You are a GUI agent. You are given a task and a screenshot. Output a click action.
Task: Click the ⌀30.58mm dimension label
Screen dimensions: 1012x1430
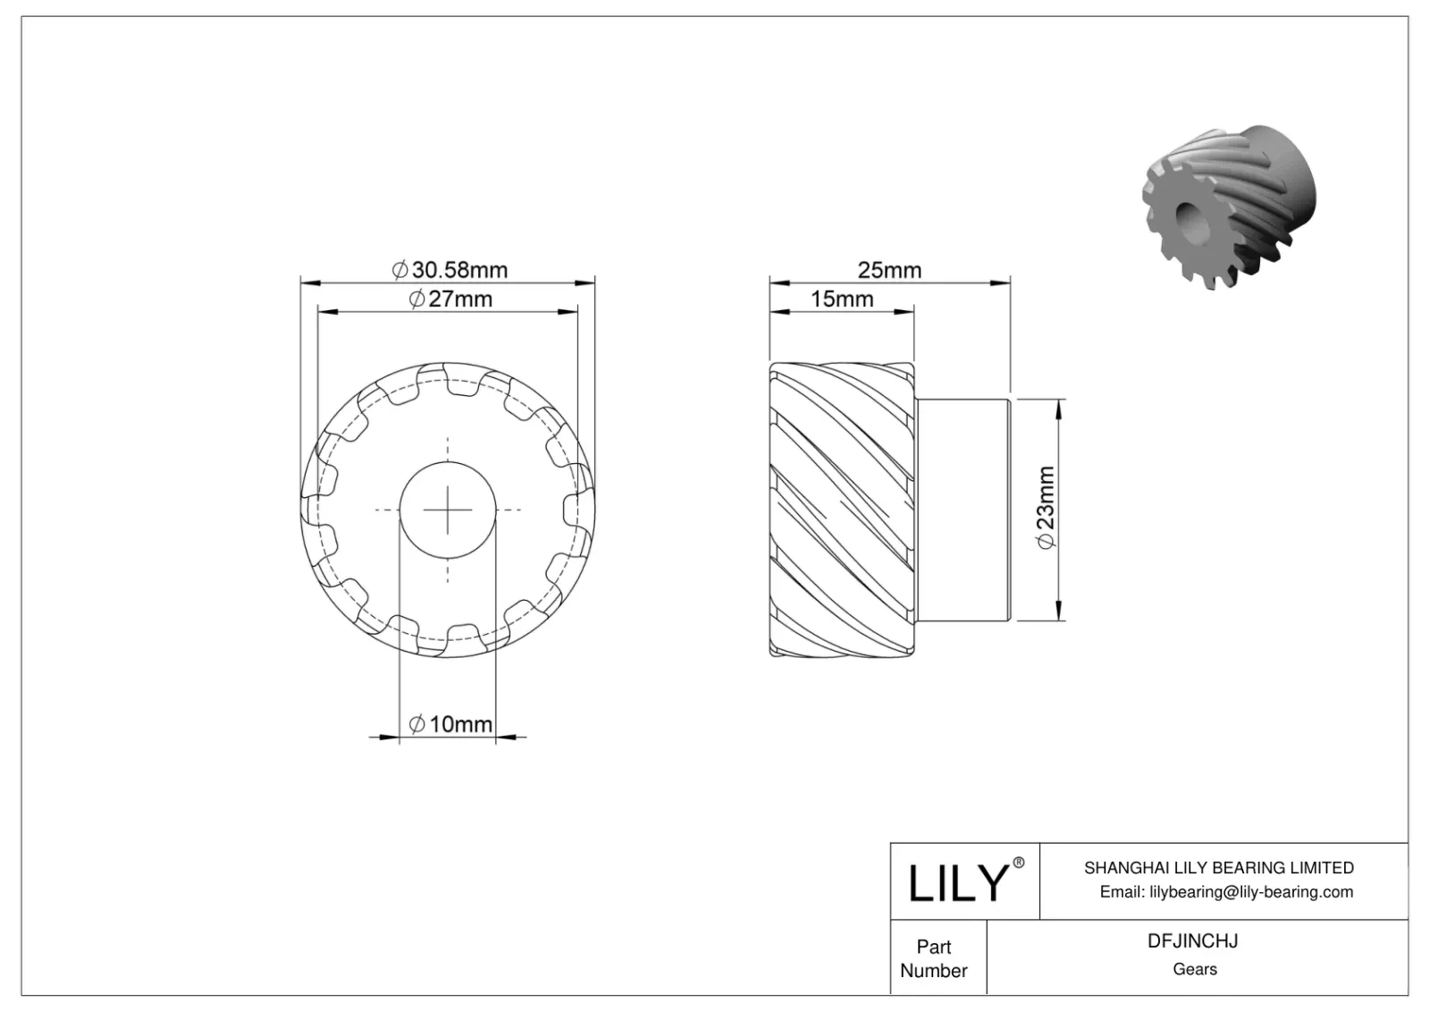[450, 269]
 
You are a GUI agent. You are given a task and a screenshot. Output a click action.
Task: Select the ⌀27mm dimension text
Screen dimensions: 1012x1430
[450, 299]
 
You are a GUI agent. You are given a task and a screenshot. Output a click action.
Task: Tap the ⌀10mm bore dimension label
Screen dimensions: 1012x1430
[450, 724]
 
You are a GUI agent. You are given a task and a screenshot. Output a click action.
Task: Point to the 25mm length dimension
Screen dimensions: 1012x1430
[888, 269]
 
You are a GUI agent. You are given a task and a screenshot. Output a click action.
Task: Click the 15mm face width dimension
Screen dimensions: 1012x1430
[841, 299]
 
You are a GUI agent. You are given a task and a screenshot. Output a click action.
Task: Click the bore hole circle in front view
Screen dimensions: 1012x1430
[447, 510]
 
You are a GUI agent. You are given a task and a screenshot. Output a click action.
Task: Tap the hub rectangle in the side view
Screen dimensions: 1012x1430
[962, 510]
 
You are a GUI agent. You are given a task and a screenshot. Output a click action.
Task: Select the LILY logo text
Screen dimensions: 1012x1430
[957, 883]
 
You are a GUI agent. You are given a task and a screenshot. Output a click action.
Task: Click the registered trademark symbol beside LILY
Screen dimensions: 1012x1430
[1018, 863]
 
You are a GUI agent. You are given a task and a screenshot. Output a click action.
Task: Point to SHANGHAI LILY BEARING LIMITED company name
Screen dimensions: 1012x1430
[1218, 867]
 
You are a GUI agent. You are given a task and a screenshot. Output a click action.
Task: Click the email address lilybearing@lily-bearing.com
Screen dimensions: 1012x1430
[1225, 891]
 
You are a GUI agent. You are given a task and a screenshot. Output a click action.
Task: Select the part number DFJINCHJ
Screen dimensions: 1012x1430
[1193, 940]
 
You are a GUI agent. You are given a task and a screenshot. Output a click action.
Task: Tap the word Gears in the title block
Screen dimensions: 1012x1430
[1194, 969]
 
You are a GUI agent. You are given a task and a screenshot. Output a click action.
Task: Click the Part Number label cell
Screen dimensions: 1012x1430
[934, 957]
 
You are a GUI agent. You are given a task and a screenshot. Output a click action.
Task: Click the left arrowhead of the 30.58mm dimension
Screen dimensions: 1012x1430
[309, 283]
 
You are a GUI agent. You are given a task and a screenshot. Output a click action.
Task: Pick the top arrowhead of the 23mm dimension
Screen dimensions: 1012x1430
[1059, 408]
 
